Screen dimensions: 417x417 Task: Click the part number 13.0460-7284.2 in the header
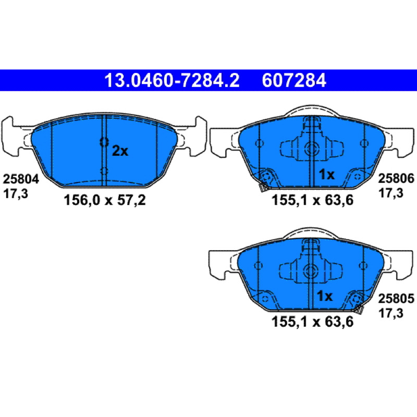pyautogui.click(x=172, y=80)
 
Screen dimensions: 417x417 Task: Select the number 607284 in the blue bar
pyautogui.click(x=294, y=80)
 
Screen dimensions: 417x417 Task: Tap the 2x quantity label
pyautogui.click(x=120, y=151)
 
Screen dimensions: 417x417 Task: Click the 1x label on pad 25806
pyautogui.click(x=327, y=175)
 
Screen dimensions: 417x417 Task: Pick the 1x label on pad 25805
pyautogui.click(x=324, y=296)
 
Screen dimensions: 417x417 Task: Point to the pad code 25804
pyautogui.click(x=21, y=179)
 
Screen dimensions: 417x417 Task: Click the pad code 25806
pyautogui.click(x=396, y=178)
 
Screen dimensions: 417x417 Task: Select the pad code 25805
pyautogui.click(x=396, y=299)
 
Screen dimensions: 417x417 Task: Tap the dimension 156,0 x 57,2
pyautogui.click(x=105, y=200)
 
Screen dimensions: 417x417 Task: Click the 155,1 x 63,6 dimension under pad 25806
pyautogui.click(x=312, y=200)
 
